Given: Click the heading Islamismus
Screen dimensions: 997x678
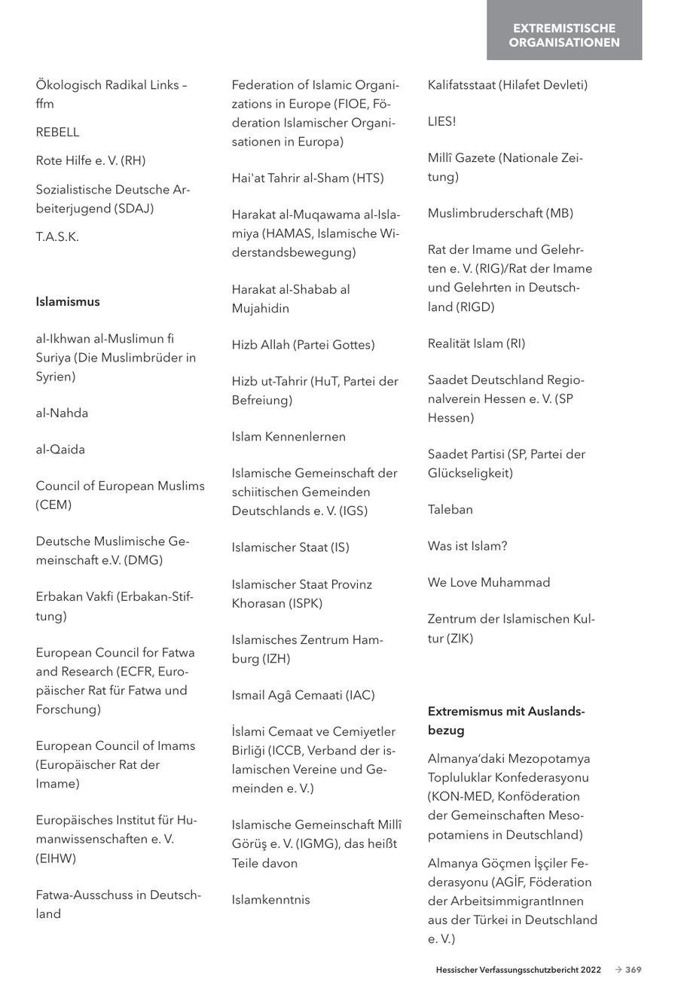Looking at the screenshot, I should (67, 302).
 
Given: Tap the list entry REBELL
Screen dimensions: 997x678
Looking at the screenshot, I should (57, 133).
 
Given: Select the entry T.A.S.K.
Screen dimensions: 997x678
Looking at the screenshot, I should (57, 237).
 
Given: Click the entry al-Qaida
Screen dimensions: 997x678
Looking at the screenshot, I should (60, 450).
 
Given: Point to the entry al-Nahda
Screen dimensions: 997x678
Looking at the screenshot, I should (62, 413).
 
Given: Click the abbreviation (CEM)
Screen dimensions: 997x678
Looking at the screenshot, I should (53, 505).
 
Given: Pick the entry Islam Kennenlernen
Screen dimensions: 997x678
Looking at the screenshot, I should (289, 437).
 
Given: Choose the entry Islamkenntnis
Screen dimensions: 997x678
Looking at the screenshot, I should (270, 900).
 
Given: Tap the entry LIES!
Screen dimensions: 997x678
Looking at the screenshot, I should (441, 121).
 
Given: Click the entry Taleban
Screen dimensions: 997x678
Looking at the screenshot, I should (450, 510).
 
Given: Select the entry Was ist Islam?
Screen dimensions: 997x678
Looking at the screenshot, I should (467, 546).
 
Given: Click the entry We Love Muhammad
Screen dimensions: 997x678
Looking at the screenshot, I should (489, 583).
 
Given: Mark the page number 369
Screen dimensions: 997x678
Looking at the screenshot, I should (634, 970).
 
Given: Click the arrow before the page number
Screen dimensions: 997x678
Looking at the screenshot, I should (618, 970).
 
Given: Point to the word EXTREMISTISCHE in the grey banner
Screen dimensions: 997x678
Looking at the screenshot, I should (564, 29).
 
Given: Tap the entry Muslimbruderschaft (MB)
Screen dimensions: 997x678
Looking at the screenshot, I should (500, 213).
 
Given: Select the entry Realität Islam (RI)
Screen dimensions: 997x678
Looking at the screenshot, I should (476, 343).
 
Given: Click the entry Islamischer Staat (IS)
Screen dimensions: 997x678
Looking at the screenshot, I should (290, 547).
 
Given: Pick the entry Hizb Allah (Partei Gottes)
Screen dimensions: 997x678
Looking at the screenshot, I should (303, 345).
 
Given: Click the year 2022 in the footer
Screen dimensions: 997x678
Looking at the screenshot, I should (591, 970).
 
